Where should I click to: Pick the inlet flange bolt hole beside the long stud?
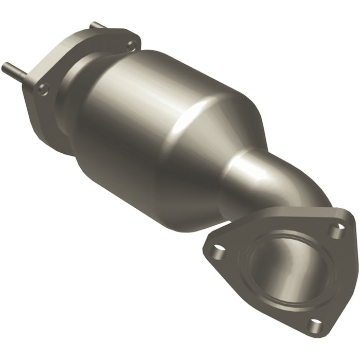click(43, 88)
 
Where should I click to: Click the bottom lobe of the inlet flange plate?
click(51, 139)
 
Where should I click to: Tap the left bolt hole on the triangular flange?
click(219, 253)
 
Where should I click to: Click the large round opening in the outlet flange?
click(288, 273)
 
